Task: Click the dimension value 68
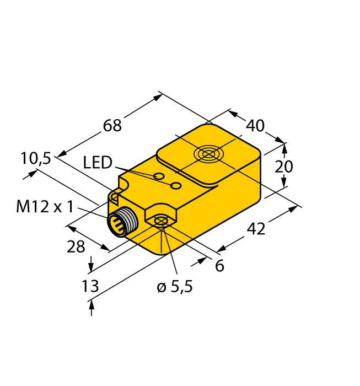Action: coord(112,126)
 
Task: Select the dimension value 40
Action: coord(255,126)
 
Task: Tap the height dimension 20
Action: coord(284,167)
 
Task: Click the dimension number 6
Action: coord(219,266)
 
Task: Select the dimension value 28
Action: coord(76,246)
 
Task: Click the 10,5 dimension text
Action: coord(36,159)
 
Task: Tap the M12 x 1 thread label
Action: coord(45,207)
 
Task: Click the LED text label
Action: coord(98,162)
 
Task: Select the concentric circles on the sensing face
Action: coord(208,154)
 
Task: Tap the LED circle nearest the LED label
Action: coord(159,176)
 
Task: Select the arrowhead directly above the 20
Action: coord(284,147)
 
